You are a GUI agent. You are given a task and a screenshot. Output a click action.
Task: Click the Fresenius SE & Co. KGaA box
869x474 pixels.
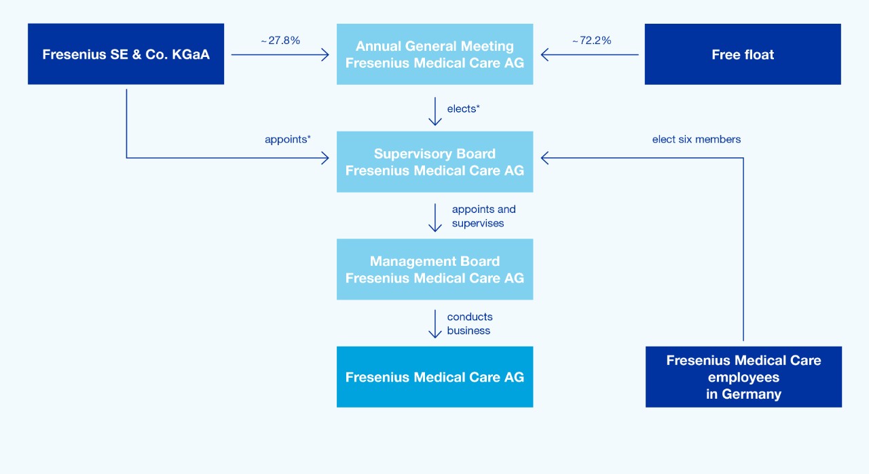click(x=126, y=54)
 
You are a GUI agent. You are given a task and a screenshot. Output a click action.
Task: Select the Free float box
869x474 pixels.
click(x=742, y=54)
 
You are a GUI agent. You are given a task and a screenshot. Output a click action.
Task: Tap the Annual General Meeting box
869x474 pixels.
click(x=434, y=54)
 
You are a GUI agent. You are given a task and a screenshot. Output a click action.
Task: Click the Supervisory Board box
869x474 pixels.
click(x=434, y=161)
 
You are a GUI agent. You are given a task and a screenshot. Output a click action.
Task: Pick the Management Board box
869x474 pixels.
click(x=434, y=269)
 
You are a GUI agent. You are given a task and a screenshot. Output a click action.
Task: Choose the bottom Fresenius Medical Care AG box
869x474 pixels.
click(x=434, y=377)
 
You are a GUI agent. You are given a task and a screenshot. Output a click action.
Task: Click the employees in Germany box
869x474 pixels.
click(x=743, y=377)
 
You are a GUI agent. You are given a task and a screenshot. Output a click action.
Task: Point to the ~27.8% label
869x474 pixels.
click(x=280, y=41)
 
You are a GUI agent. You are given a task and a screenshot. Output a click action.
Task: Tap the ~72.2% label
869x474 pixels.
click(x=591, y=41)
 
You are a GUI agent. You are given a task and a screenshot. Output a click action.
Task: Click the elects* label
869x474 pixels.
click(x=464, y=108)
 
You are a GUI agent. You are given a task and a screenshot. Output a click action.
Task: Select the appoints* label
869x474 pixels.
click(x=288, y=139)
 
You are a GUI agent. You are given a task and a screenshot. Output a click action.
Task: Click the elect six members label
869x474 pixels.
click(x=696, y=139)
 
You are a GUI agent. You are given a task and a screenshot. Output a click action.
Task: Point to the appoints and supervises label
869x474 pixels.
click(x=483, y=216)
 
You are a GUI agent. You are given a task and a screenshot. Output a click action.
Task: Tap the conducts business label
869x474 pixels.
click(x=470, y=323)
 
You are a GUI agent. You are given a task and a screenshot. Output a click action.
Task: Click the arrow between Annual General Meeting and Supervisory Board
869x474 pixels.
click(x=435, y=112)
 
